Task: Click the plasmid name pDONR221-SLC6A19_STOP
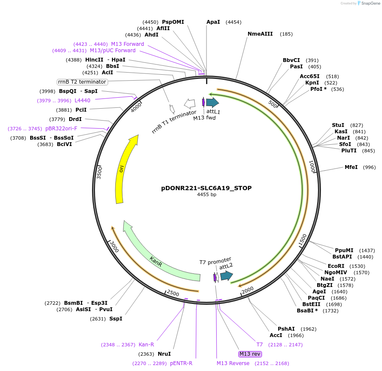click(x=206, y=188)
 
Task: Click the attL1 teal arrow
click(x=212, y=102)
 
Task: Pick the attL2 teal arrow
click(x=226, y=276)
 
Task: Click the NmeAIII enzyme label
click(x=260, y=34)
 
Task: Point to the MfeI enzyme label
click(x=351, y=167)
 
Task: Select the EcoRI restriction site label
click(x=336, y=266)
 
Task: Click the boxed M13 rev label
click(x=250, y=354)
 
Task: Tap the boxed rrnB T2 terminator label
click(x=82, y=82)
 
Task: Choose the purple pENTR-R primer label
click(x=181, y=363)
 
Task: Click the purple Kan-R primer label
click(x=146, y=345)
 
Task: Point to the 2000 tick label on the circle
click(x=247, y=290)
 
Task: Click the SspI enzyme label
click(x=116, y=318)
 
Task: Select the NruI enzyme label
click(x=164, y=354)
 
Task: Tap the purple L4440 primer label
click(x=82, y=100)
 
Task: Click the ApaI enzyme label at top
click(x=213, y=22)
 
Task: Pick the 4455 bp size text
click(x=206, y=195)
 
